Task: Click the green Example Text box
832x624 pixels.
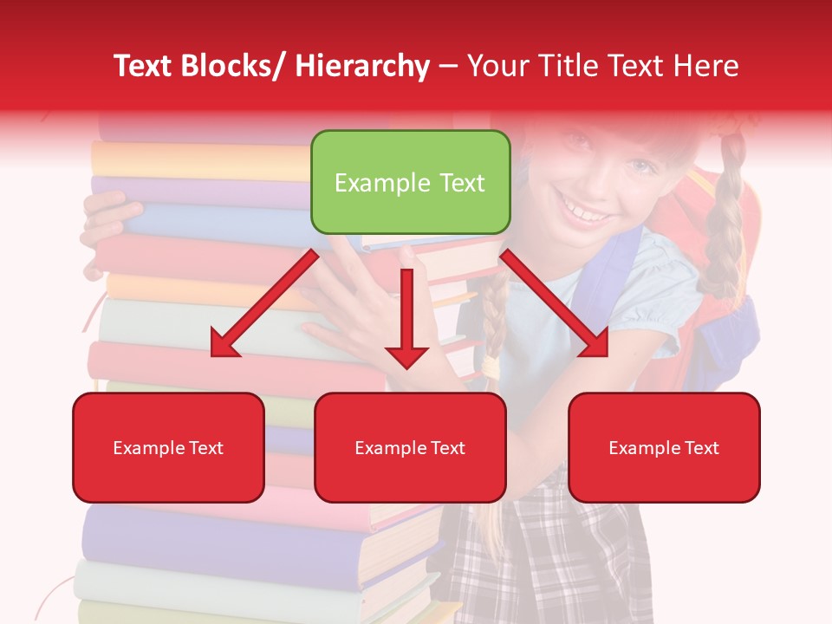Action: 410,182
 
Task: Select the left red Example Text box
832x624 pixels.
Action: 168,447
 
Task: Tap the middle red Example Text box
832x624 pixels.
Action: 410,447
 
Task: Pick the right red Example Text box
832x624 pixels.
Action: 664,447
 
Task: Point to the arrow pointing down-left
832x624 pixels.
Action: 264,304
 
